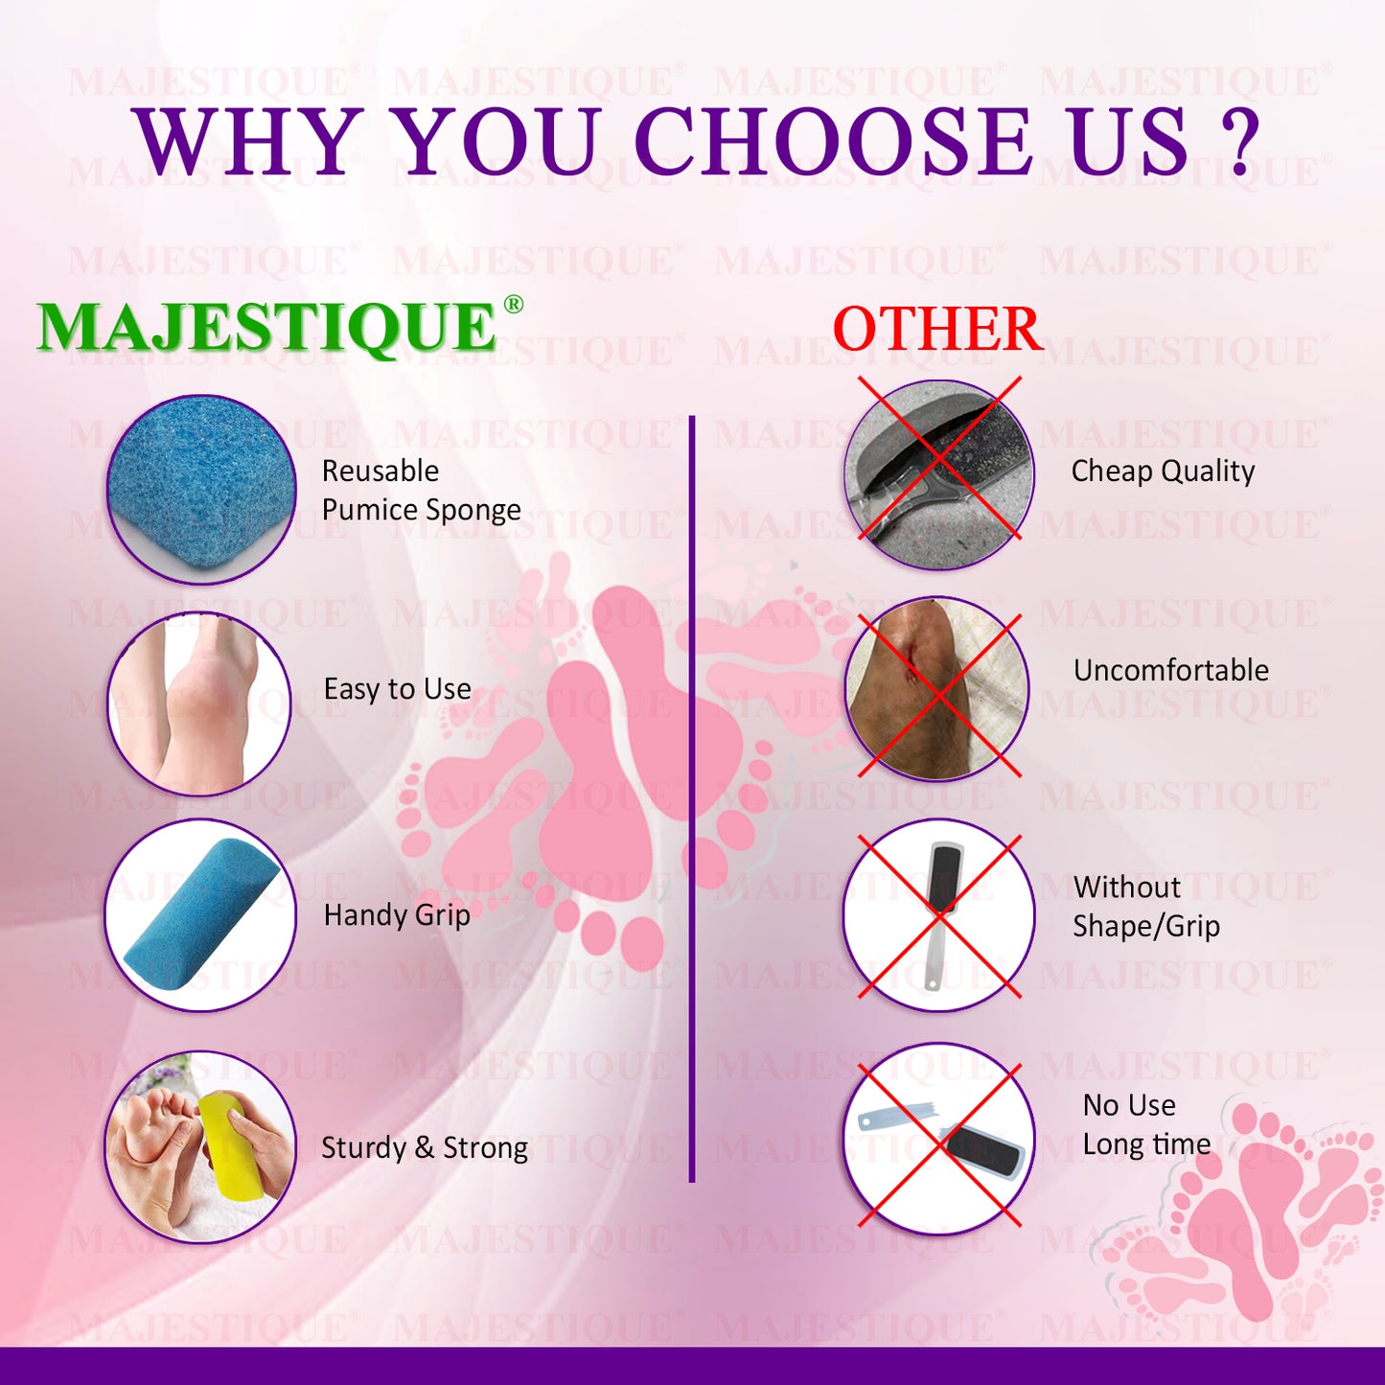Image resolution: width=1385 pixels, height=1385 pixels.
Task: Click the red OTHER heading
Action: click(938, 329)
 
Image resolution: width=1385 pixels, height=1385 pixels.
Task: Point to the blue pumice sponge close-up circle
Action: click(201, 489)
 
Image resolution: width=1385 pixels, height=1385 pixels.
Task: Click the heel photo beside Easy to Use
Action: click(199, 704)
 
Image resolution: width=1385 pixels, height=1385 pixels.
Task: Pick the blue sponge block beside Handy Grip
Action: click(200, 914)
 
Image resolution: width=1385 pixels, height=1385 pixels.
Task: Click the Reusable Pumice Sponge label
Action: click(421, 490)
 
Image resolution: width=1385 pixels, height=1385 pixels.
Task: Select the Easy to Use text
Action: click(398, 689)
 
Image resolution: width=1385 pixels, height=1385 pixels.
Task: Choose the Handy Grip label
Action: click(397, 915)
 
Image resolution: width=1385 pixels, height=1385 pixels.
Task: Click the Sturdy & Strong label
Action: click(424, 1148)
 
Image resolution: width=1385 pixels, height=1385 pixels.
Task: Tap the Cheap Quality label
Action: click(1163, 472)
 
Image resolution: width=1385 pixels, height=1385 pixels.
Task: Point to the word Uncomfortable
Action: click(1171, 670)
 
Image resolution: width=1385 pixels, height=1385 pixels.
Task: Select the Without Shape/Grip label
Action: click(1145, 907)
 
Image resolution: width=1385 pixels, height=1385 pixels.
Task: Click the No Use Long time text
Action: click(1146, 1124)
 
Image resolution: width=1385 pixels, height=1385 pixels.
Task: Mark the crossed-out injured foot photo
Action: click(938, 689)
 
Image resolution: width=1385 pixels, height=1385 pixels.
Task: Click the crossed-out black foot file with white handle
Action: click(938, 915)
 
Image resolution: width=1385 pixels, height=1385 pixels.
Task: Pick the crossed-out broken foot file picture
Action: click(938, 1140)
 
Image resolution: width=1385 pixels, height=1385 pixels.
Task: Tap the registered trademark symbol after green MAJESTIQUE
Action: click(513, 304)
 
